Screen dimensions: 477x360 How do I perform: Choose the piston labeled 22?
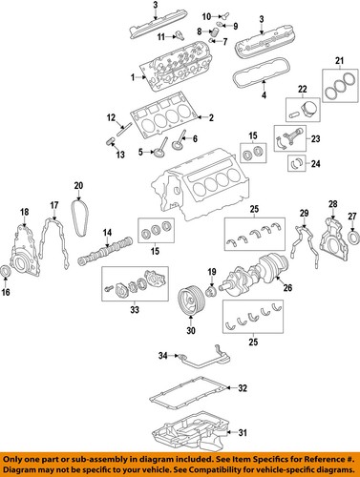[297, 109]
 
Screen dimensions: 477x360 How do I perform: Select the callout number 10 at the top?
[207, 16]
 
